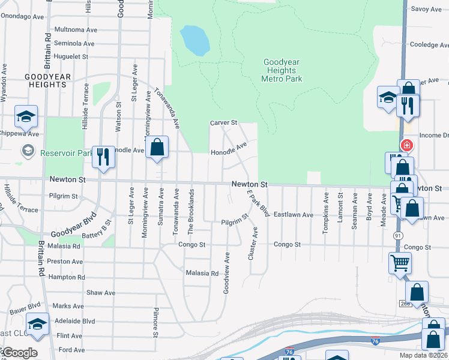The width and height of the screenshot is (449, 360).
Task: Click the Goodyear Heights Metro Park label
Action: [x=282, y=70]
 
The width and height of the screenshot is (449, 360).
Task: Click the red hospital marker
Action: [x=407, y=145]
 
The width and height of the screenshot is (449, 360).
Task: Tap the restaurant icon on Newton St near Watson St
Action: [x=104, y=157]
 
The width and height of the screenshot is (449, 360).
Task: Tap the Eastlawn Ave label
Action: [x=294, y=214]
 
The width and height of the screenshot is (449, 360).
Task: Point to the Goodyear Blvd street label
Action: [x=73, y=225]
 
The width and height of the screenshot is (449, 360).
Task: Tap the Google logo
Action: [x=19, y=353]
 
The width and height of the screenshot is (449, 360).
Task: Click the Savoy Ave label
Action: [x=426, y=9]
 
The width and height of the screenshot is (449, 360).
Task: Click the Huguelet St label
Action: [x=71, y=56]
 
